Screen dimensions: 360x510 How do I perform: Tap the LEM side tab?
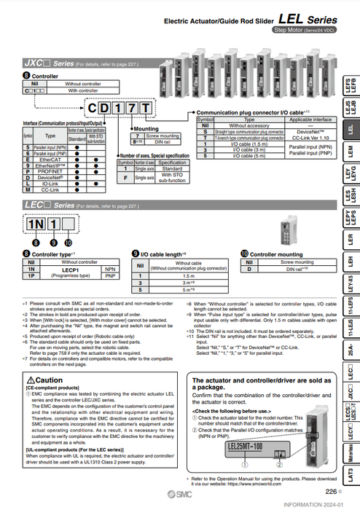(351, 151)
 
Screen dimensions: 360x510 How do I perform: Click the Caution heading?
(51, 380)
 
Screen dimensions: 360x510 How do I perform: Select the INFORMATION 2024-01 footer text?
(321, 504)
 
